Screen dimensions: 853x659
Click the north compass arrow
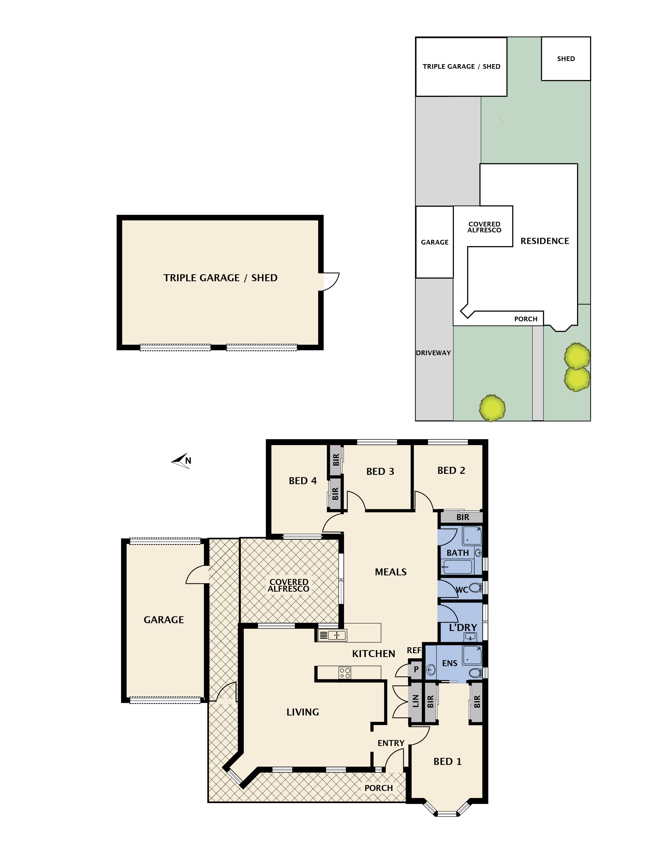click(x=181, y=461)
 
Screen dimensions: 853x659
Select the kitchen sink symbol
click(x=333, y=635)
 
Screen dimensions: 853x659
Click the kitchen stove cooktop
click(x=345, y=673)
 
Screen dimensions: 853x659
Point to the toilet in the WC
click(x=475, y=588)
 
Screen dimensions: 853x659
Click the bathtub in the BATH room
click(x=457, y=567)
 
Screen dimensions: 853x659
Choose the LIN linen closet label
click(x=416, y=701)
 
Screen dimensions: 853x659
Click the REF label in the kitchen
click(x=414, y=650)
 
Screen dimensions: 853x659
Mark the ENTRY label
click(x=391, y=743)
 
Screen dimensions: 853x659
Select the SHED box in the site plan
click(x=566, y=59)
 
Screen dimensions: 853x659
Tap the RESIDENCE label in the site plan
click(x=545, y=241)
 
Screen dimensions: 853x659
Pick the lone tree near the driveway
click(x=492, y=408)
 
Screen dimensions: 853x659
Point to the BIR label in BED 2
click(x=463, y=517)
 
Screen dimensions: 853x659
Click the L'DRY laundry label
click(x=463, y=628)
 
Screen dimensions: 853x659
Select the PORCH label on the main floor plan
click(x=378, y=788)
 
